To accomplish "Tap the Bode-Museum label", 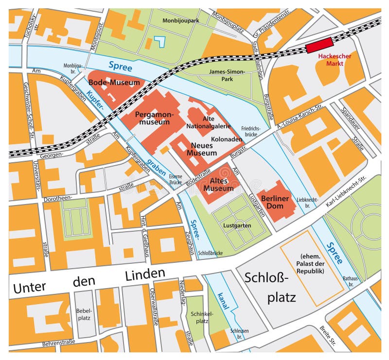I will coord(117,83).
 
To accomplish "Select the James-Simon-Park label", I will coord(227,76).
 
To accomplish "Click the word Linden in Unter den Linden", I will coord(145,275).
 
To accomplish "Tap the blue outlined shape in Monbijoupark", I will coord(159,42).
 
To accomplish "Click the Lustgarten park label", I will coord(236,226).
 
